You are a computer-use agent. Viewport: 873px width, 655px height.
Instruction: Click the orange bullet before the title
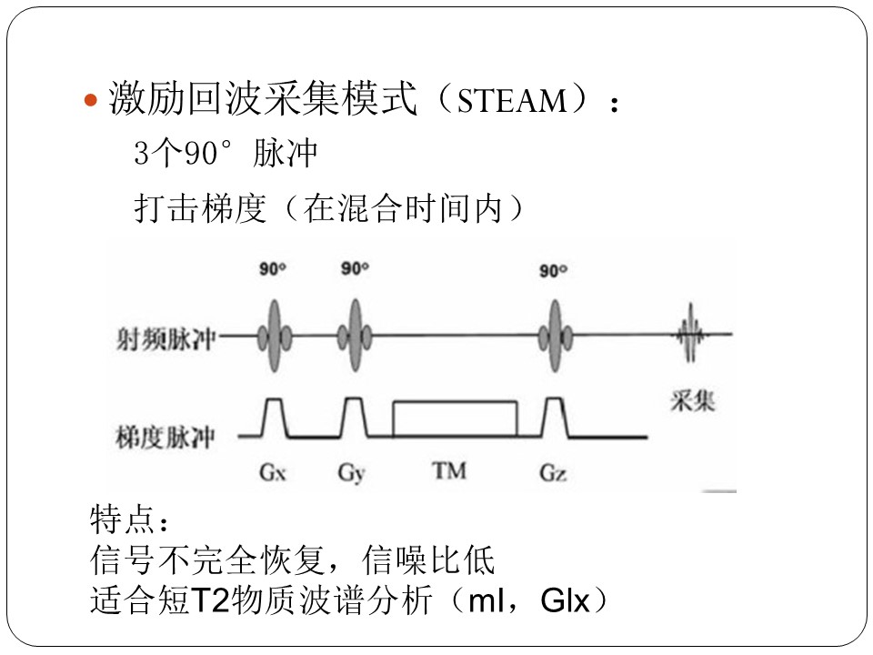[90, 101]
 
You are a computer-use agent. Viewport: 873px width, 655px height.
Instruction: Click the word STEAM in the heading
[512, 101]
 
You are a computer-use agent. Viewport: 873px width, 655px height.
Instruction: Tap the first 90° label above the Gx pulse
[272, 269]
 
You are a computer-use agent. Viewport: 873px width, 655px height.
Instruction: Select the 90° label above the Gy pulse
[355, 268]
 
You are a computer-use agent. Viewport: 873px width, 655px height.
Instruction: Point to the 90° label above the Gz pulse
[554, 271]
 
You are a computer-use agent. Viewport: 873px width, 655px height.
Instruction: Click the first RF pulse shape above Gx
[274, 336]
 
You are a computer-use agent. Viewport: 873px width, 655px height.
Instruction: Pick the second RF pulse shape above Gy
[355, 336]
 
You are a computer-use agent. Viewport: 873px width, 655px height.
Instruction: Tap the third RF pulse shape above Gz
[555, 336]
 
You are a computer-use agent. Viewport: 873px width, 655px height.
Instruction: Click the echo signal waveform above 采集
[690, 334]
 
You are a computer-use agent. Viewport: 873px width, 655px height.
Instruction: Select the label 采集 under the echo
[692, 400]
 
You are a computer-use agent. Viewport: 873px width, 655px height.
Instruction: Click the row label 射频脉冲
[166, 338]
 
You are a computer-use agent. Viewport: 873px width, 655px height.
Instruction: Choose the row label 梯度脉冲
[166, 437]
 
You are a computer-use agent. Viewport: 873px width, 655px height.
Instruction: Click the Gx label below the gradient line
[272, 473]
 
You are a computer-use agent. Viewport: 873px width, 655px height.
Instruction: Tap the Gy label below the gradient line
[351, 474]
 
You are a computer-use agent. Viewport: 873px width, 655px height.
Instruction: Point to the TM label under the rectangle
[449, 471]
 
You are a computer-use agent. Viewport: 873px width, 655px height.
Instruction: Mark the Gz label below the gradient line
[553, 473]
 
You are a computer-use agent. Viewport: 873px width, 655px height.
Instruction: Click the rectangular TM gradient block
[456, 402]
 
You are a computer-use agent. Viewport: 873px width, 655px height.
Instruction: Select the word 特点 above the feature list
[122, 519]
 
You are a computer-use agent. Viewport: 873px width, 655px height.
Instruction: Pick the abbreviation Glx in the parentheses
[565, 601]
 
